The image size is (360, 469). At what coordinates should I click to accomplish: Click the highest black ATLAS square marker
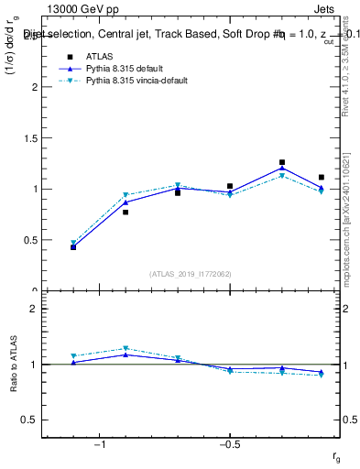coord(282,162)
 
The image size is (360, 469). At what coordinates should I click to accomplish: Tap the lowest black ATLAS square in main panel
coord(73,247)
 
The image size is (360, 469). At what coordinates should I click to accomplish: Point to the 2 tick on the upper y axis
coord(37,87)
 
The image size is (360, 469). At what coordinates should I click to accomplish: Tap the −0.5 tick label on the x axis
coord(228,444)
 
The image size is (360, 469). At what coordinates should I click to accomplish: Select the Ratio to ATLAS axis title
coord(13,365)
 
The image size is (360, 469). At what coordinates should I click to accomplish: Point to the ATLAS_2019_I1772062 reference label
coord(191,274)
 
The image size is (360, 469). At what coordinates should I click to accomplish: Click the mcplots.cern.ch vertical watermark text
coord(348,220)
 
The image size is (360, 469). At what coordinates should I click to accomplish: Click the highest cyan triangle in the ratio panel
coord(125,349)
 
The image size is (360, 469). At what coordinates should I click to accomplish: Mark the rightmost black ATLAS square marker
coord(322,178)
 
